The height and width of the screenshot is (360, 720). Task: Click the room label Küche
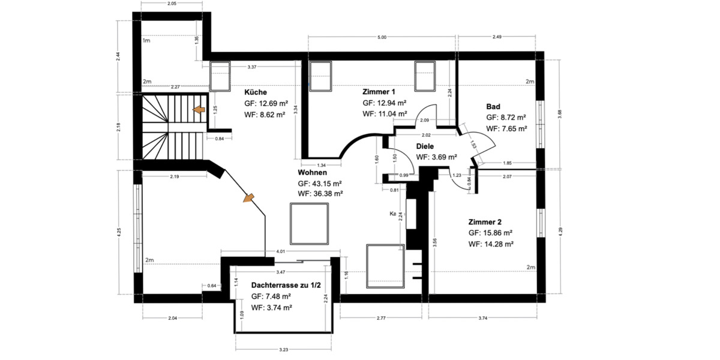tap(256, 92)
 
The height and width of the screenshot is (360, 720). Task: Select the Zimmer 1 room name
tap(379, 92)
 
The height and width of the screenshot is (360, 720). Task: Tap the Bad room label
tap(493, 106)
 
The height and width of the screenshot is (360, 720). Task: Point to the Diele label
tap(426, 146)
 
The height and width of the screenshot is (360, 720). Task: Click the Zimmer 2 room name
tap(485, 221)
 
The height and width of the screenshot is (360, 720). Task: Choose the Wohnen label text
tap(313, 172)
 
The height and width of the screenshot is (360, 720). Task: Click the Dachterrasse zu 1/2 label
tap(281, 286)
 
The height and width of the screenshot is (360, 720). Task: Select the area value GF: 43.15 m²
tap(320, 183)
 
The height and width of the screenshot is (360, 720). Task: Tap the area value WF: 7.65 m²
tap(506, 128)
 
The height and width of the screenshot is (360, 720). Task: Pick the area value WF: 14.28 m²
tap(491, 244)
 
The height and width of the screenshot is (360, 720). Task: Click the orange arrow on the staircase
tap(197, 110)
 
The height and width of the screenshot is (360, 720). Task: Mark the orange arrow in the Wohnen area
tap(248, 198)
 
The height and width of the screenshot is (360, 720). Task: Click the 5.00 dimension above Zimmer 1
tap(382, 37)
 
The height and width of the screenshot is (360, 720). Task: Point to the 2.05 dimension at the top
tap(172, 4)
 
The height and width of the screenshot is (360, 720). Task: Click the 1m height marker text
tap(146, 41)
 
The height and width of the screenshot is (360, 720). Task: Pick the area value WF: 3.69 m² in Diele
tap(437, 157)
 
